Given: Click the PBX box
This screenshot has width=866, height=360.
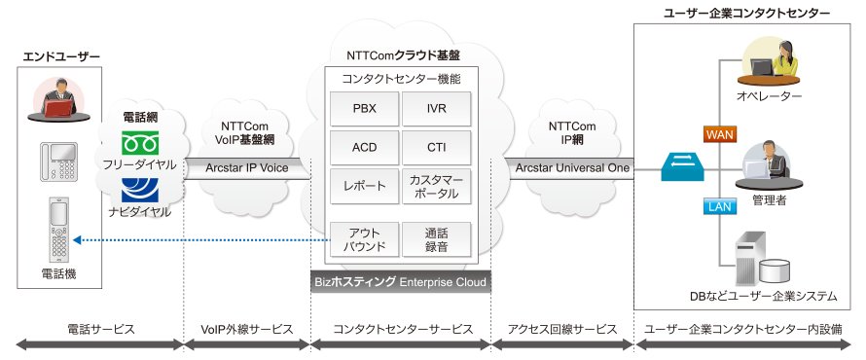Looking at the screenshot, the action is click(365, 109).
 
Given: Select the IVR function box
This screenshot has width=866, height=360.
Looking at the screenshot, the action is click(436, 109).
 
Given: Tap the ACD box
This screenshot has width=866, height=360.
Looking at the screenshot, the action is click(365, 148).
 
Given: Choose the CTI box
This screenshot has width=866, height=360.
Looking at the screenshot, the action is click(436, 148).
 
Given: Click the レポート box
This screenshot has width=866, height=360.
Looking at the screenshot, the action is click(365, 186).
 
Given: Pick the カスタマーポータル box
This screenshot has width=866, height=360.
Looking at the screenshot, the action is click(436, 186).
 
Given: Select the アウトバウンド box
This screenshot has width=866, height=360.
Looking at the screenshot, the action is click(365, 239).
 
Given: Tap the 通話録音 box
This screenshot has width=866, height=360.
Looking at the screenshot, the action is click(436, 239).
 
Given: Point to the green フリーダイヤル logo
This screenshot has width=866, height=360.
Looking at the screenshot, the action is click(140, 142).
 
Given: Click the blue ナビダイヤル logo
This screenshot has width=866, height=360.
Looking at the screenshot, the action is click(140, 190).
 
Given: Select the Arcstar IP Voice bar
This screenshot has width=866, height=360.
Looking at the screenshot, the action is click(247, 168).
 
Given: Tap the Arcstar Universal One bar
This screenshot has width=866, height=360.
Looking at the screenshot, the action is click(572, 168).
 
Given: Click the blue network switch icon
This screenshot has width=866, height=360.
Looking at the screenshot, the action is click(683, 167).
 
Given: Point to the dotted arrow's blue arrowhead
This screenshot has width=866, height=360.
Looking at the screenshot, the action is click(77, 240).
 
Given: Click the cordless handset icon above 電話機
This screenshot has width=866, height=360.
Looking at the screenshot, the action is click(59, 229).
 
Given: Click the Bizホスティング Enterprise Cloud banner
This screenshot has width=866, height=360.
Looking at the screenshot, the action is click(401, 282).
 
